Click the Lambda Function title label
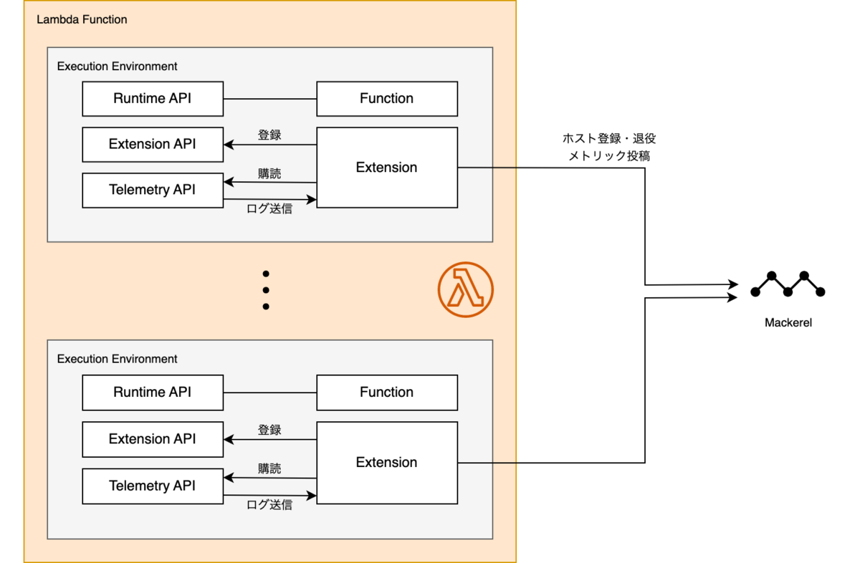82,19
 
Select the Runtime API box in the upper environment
153,99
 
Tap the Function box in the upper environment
387,99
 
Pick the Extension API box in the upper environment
153,145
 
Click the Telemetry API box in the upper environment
153,191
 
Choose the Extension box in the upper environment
387,168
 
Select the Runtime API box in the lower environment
153,393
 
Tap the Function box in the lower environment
387,393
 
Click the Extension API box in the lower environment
153,439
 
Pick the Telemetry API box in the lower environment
153,486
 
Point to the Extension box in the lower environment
387,463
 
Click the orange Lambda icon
466,290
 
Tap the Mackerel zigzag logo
788,284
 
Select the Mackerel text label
788,323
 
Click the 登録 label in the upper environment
269,135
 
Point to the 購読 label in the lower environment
269,468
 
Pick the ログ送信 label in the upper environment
269,208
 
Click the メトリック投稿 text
609,156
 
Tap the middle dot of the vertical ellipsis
266,290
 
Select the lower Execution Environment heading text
117,359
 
